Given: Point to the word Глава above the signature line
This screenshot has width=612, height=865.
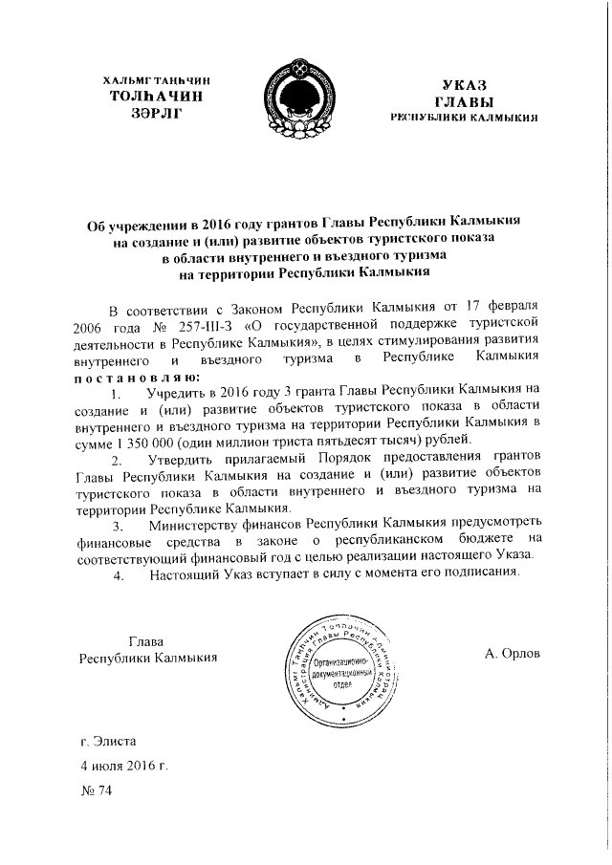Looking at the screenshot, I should (x=145, y=639).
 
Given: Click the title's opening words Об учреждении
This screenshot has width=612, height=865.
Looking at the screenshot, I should (x=133, y=223).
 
